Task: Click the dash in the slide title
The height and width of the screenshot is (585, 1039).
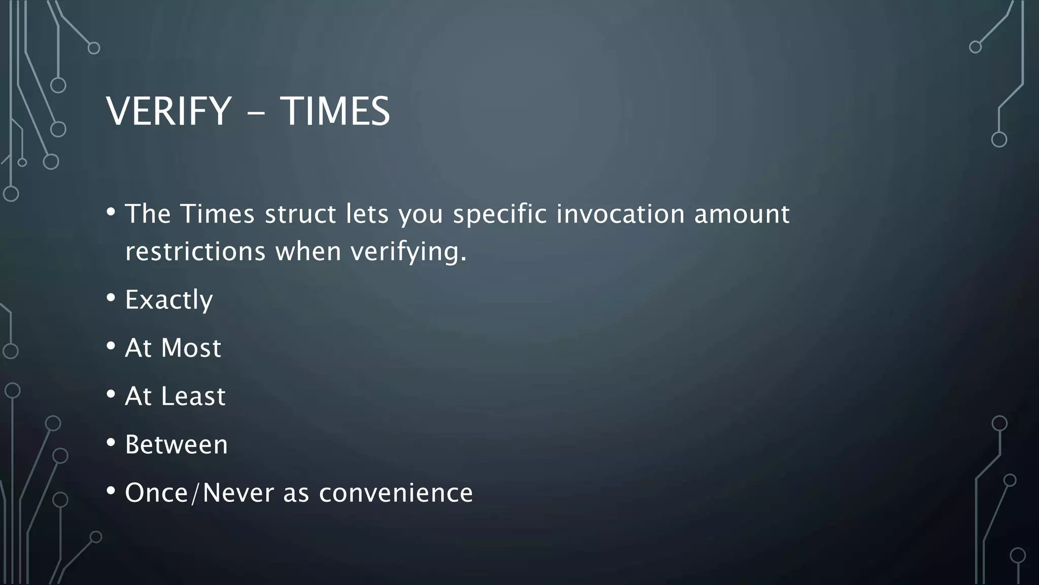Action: pos(256,114)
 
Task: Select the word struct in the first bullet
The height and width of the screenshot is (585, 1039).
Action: pos(300,214)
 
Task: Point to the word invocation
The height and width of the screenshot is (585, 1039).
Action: pos(620,214)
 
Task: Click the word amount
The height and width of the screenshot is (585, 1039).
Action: pos(742,214)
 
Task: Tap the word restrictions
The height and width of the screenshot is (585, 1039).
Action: pos(195,251)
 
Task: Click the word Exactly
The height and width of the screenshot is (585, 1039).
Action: pos(169,300)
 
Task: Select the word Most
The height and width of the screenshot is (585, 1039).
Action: pos(191,348)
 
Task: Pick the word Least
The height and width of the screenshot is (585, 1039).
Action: pos(193,397)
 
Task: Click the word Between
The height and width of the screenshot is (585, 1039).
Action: pos(177,445)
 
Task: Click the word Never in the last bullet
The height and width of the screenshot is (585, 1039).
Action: pos(238,493)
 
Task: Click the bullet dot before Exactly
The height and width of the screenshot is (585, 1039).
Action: pos(111,299)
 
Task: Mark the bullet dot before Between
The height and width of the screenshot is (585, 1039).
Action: pos(111,443)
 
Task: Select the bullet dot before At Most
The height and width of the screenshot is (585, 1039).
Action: pos(111,347)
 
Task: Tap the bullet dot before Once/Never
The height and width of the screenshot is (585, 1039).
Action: pos(111,492)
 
